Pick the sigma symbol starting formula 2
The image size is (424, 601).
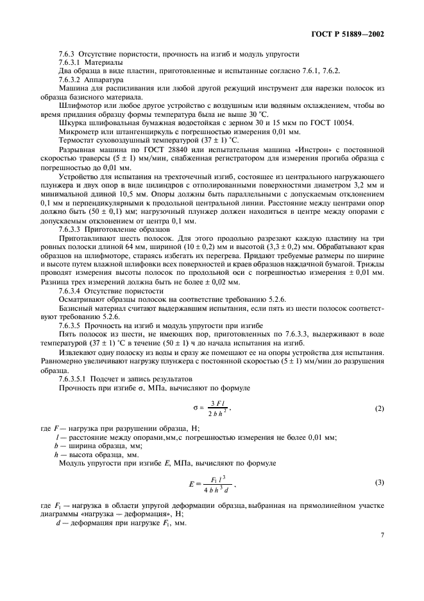tap(195, 408)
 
